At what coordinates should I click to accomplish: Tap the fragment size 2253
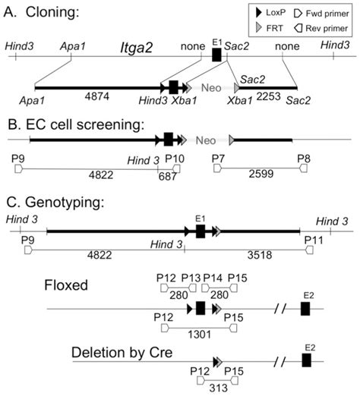coord(252,98)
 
